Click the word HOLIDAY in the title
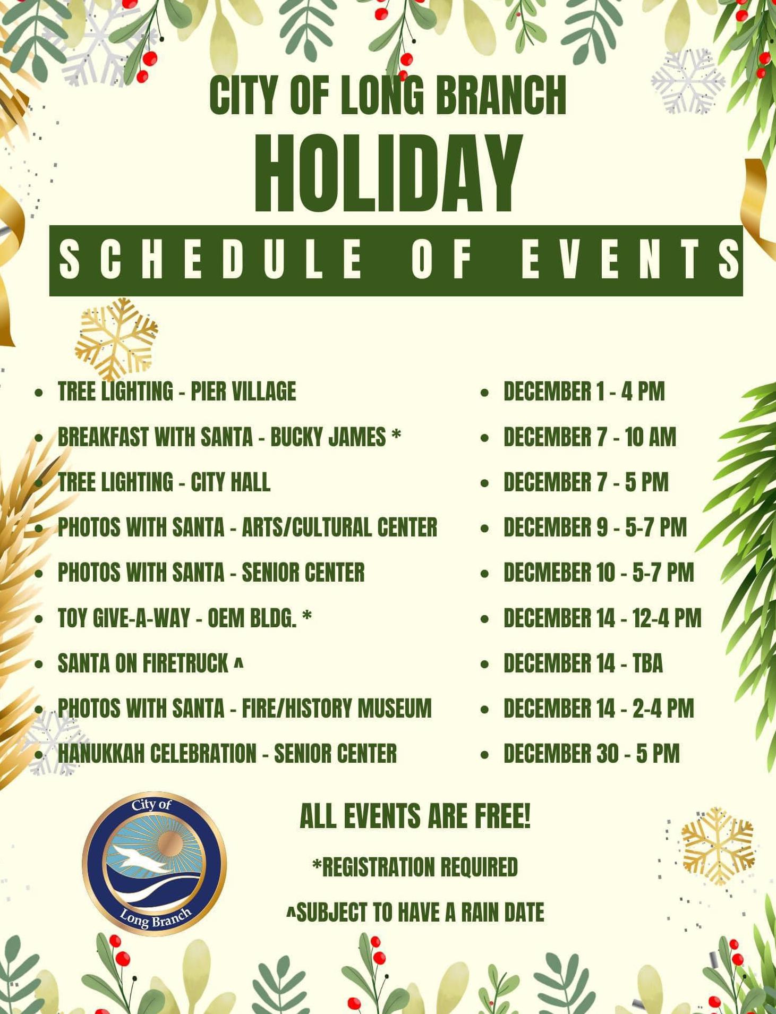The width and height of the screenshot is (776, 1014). [x=388, y=174]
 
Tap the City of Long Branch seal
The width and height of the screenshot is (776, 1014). [x=154, y=864]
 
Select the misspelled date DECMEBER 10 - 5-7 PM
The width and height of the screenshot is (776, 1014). [x=599, y=573]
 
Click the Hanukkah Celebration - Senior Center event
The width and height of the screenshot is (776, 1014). [x=227, y=754]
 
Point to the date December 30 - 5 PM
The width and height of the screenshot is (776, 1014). [x=592, y=754]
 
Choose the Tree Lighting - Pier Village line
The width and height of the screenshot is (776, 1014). [x=177, y=391]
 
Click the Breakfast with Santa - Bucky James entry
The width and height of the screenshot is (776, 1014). [x=229, y=437]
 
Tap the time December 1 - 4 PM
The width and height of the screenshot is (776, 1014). [x=584, y=391]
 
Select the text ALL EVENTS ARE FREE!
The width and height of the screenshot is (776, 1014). [x=415, y=816]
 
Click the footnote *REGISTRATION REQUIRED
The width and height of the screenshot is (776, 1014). [x=415, y=867]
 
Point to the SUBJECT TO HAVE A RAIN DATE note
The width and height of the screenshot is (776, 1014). [x=415, y=913]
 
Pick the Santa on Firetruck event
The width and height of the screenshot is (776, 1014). [x=150, y=663]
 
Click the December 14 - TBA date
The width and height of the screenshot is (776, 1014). [x=583, y=663]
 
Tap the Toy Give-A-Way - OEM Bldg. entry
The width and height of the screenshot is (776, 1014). [x=184, y=618]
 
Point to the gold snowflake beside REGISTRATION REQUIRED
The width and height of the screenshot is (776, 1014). [x=718, y=846]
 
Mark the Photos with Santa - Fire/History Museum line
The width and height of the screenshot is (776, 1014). [x=244, y=709]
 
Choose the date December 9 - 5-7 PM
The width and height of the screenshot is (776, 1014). [x=595, y=527]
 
